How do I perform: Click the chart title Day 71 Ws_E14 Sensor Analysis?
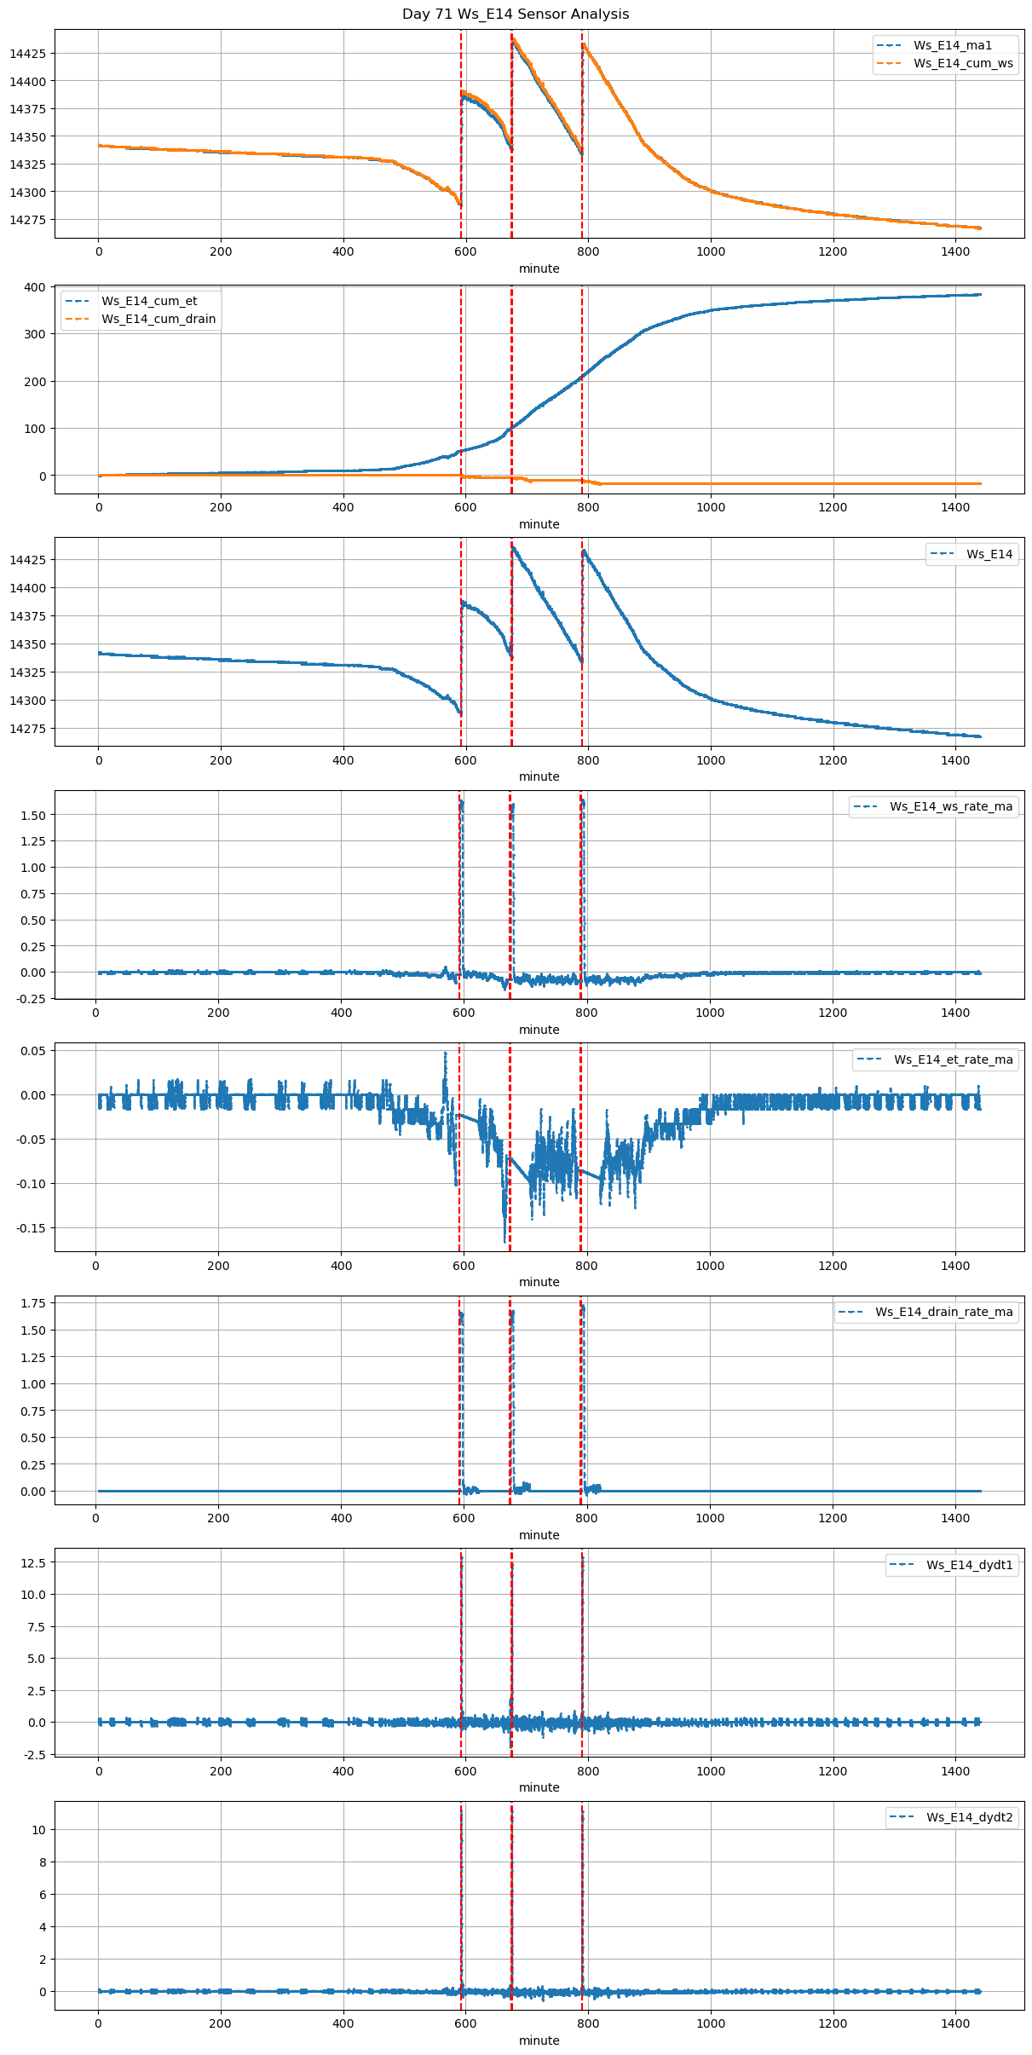click(x=516, y=14)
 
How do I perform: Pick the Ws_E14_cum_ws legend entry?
click(x=963, y=63)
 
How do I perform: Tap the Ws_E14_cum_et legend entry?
click(x=149, y=301)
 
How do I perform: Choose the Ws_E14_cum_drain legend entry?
click(x=159, y=319)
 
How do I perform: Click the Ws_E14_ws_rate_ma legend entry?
click(x=951, y=806)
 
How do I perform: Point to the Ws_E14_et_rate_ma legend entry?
click(x=953, y=1059)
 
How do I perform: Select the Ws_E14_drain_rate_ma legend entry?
click(x=943, y=1312)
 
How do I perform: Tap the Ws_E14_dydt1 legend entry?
click(x=969, y=1565)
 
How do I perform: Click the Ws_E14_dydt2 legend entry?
click(x=969, y=1817)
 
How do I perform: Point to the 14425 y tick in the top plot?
click(x=27, y=54)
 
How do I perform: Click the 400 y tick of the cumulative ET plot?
click(x=35, y=287)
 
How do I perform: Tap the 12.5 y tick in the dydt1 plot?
click(x=35, y=1563)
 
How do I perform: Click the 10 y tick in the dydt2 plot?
click(x=39, y=1830)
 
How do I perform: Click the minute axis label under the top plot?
click(x=539, y=268)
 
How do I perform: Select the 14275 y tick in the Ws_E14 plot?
click(x=27, y=729)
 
